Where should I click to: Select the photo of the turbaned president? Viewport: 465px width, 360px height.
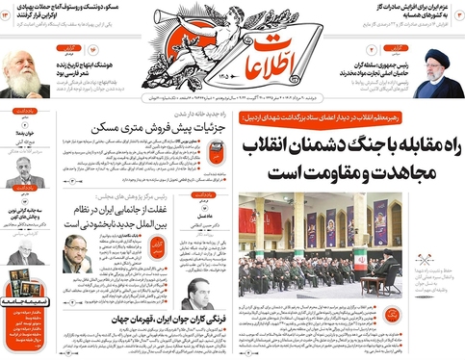coord(439,74)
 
